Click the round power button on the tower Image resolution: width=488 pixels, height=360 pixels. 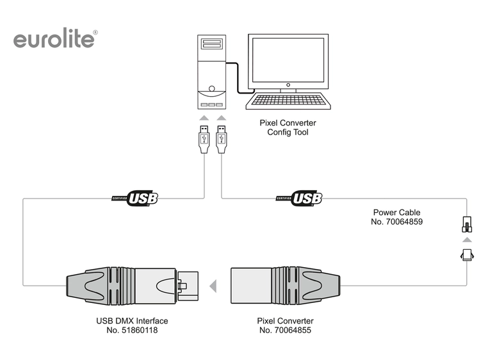pos(212,89)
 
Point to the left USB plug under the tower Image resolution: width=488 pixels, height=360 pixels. pos(204,139)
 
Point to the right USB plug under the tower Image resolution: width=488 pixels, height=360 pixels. pos(222,139)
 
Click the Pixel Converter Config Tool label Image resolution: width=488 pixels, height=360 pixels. pos(288,127)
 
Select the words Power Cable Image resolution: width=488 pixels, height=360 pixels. pos(396,212)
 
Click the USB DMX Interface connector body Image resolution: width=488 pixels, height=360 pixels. pos(131,285)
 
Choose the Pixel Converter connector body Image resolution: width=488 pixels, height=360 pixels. pos(282,285)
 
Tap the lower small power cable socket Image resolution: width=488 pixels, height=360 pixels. pos(467,255)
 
